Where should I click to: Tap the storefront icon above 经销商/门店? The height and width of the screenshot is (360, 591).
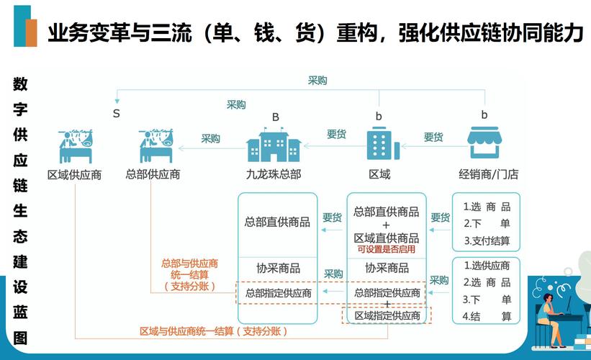(x=484, y=143)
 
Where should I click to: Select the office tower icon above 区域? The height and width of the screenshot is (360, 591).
(x=382, y=143)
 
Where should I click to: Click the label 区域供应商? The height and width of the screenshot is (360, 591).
(x=75, y=175)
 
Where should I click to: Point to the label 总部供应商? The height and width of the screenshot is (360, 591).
(x=153, y=174)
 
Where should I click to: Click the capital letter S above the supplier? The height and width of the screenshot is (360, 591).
(x=117, y=114)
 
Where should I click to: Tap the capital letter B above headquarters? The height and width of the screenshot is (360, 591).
(x=276, y=117)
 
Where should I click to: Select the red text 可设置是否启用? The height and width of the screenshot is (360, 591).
(x=387, y=249)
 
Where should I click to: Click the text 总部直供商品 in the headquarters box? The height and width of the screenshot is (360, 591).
(x=277, y=222)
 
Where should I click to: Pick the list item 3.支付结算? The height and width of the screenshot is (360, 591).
(x=487, y=240)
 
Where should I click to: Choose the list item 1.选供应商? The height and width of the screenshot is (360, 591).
(x=487, y=266)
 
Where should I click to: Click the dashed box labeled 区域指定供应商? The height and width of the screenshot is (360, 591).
(x=387, y=315)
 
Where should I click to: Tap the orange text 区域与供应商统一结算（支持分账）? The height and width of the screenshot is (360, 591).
(x=214, y=331)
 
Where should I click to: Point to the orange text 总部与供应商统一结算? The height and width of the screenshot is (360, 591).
(x=189, y=269)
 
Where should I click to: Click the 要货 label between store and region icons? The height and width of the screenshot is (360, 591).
(x=433, y=138)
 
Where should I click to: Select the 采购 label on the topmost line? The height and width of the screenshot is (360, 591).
(x=317, y=81)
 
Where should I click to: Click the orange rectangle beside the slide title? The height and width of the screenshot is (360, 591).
(x=31, y=33)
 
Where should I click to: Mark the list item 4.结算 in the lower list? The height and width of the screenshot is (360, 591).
(x=487, y=316)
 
